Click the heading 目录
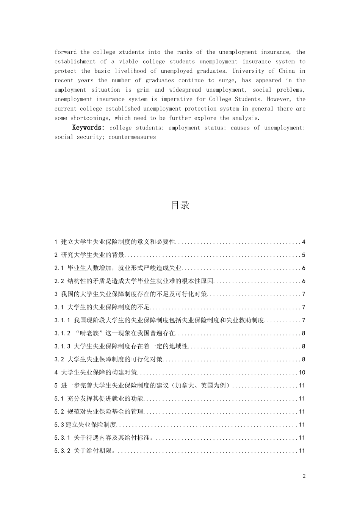(180, 205)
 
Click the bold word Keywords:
(88, 128)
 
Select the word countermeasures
(132, 137)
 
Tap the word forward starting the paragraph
(66, 52)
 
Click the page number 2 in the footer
(304, 476)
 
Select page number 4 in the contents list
(304, 242)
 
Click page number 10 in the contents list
(302, 373)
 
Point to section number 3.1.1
(63, 320)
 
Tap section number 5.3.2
(63, 451)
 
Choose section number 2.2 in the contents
(59, 281)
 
